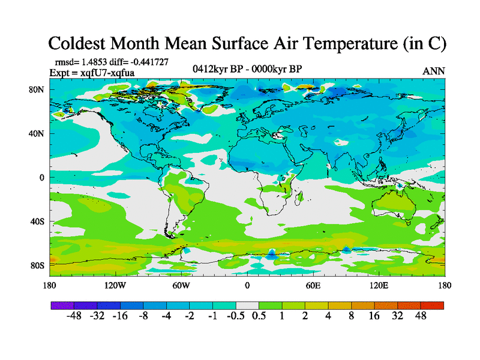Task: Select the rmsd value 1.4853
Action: point(96,62)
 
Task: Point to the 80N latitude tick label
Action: point(37,90)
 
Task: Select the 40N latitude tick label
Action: point(37,134)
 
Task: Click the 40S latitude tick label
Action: point(37,221)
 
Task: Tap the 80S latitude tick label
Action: point(37,265)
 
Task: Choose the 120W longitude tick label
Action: point(115,285)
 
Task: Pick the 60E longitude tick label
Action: point(313,285)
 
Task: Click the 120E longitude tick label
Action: point(378,285)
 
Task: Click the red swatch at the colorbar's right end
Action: point(436,305)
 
